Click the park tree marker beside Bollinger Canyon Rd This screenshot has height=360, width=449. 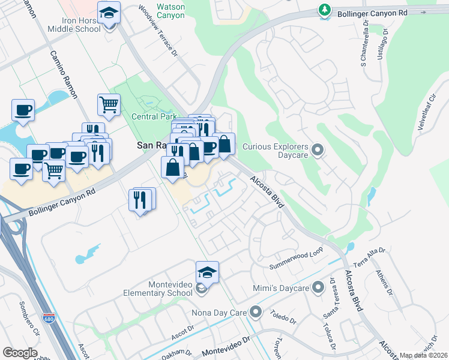pyautogui.click(x=325, y=10)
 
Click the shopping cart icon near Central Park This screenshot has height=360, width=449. pyautogui.click(x=109, y=104)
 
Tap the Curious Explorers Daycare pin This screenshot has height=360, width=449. pyautogui.click(x=318, y=150)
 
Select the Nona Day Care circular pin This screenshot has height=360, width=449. pyautogui.click(x=257, y=312)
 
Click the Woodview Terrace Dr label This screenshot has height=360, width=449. pyautogui.click(x=158, y=31)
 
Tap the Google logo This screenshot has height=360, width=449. pyautogui.click(x=20, y=353)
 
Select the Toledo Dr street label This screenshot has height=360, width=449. pyautogui.click(x=283, y=317)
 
